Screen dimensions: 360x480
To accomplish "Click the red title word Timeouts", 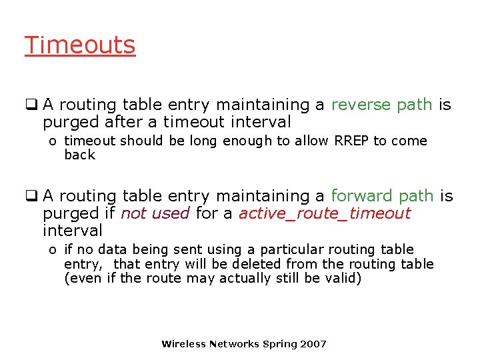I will click(80, 45).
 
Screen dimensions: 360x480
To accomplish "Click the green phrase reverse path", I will click(382, 105).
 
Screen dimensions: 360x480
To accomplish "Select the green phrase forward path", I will click(382, 196).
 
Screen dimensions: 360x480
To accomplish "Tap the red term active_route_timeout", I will click(325, 213).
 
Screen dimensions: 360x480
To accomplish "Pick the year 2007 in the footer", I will click(313, 344).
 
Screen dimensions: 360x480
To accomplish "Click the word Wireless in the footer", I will click(183, 344).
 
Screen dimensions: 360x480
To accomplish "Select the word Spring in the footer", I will click(280, 344).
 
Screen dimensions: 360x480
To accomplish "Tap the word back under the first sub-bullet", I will click(79, 155).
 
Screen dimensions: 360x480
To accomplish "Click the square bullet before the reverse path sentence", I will click(30, 105).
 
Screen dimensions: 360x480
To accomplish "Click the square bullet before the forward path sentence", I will click(30, 196).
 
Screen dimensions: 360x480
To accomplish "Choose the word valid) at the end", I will click(343, 278).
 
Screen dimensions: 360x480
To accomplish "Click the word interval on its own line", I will click(72, 231).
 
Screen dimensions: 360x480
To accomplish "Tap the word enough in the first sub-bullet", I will click(247, 141).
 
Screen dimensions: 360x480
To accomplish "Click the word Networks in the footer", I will click(235, 344).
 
